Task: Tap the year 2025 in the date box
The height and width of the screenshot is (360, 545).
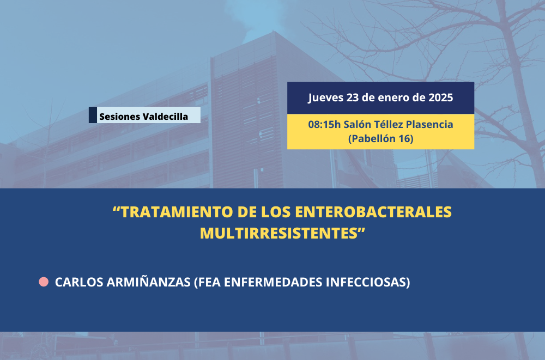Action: click(440, 97)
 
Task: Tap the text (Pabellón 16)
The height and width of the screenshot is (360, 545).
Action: click(380, 139)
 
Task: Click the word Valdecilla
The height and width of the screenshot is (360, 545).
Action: click(165, 117)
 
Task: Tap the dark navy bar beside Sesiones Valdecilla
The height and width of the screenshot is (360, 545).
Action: click(93, 115)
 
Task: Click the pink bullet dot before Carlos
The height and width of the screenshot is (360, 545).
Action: click(44, 282)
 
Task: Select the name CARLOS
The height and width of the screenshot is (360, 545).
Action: click(79, 282)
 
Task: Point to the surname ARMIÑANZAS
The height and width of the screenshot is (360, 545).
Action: click(148, 282)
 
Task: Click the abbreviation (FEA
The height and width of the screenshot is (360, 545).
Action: click(207, 282)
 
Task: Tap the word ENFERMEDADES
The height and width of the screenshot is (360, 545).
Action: click(273, 282)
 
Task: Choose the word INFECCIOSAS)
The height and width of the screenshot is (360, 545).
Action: click(368, 282)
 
